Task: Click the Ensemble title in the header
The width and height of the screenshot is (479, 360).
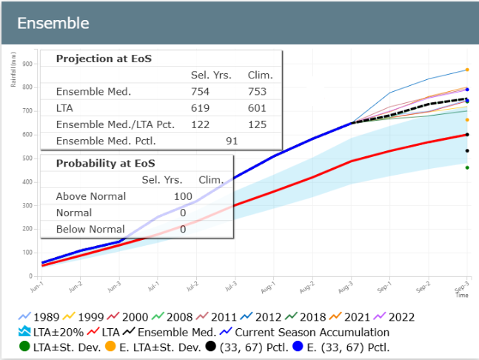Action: click(53, 23)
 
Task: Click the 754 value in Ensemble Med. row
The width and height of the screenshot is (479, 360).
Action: click(201, 92)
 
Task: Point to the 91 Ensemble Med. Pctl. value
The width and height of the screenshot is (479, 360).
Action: click(232, 140)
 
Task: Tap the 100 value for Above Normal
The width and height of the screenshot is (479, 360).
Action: click(183, 196)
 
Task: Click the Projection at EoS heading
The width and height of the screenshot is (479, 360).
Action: click(104, 59)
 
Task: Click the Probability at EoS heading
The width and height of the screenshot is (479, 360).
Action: click(105, 164)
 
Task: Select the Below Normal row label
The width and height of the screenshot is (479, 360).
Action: click(90, 230)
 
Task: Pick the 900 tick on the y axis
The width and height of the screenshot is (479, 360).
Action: click(28, 64)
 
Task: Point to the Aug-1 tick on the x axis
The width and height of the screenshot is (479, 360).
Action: click(267, 285)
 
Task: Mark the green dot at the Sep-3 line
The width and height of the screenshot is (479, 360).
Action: click(467, 167)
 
